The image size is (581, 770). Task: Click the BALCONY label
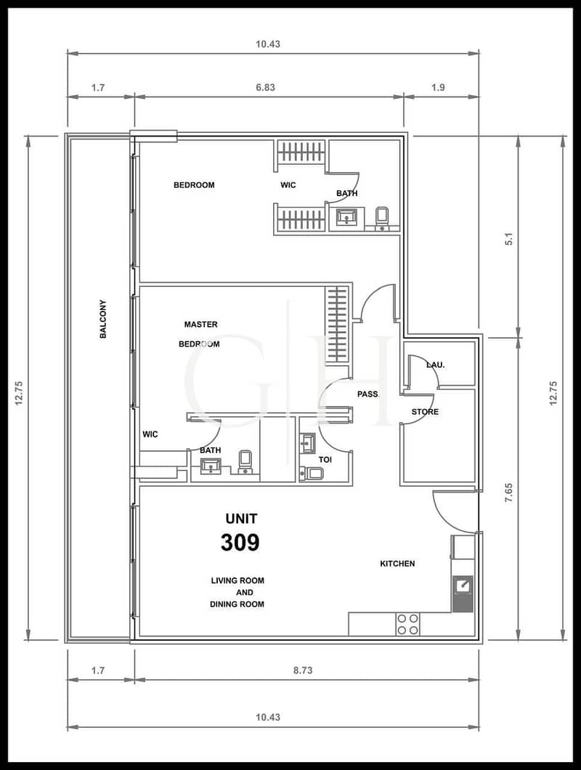tap(103, 319)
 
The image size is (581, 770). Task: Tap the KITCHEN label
tap(397, 564)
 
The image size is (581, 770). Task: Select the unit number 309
tap(240, 542)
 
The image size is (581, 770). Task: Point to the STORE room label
tap(425, 412)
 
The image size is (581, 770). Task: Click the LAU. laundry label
tap(436, 365)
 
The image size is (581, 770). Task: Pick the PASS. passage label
tap(368, 394)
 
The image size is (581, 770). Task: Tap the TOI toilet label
tap(325, 460)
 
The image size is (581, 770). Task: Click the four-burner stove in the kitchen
tap(408, 624)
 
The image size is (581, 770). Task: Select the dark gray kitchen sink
tap(463, 593)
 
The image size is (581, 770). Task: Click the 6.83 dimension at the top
tap(265, 87)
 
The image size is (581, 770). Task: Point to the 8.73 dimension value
tap(303, 670)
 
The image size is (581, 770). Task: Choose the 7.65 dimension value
tap(509, 493)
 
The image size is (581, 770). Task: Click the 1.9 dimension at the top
tap(438, 87)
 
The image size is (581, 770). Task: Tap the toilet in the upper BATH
tap(381, 218)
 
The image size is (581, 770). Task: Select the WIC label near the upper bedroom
tap(288, 185)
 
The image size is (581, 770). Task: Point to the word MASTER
tap(201, 325)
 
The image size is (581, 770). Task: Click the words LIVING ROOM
tap(237, 580)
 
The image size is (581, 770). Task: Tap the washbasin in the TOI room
tap(308, 443)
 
